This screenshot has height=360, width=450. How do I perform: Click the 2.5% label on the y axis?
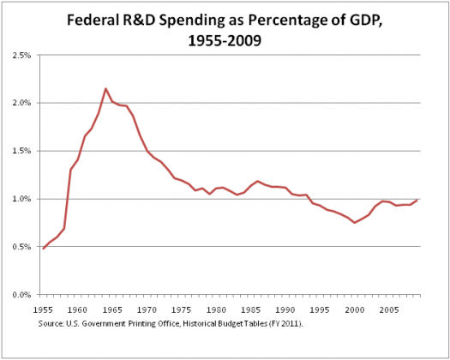click(x=21, y=55)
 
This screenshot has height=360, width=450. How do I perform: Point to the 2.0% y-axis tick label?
click(x=21, y=103)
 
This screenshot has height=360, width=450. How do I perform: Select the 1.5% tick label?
click(x=21, y=151)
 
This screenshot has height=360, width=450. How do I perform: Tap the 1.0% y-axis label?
click(x=21, y=199)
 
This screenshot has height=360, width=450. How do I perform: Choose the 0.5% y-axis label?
click(x=21, y=247)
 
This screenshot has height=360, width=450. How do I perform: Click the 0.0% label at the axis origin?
click(x=21, y=295)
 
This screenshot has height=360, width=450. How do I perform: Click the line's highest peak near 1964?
click(x=105, y=88)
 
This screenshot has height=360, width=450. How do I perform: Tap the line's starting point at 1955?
click(x=43, y=249)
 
